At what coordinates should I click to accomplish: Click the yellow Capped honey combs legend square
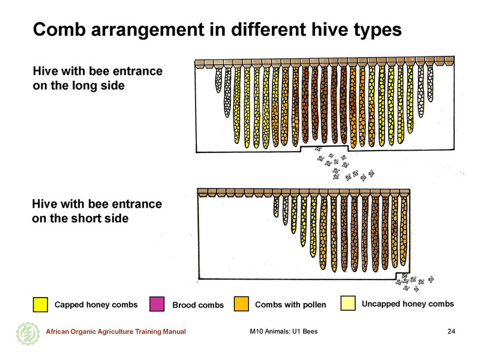[x=40, y=305]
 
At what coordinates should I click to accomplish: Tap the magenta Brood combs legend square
[x=157, y=304]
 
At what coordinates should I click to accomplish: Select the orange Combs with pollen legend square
[x=241, y=304]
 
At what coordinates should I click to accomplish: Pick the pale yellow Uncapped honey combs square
[x=348, y=304]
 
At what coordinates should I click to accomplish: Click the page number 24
[x=451, y=331]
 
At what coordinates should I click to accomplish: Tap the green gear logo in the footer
[x=28, y=334]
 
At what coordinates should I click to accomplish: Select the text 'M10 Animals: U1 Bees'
[x=284, y=331]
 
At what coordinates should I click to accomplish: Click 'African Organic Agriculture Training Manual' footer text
[x=116, y=332]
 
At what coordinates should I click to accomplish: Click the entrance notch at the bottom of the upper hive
[x=325, y=148]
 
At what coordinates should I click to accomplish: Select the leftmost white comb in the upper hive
[x=218, y=80]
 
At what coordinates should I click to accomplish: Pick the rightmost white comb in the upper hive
[x=430, y=83]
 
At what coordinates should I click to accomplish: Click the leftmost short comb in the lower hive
[x=277, y=207]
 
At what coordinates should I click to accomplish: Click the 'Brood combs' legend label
[x=198, y=305]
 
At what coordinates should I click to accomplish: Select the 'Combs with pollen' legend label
[x=290, y=305]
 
